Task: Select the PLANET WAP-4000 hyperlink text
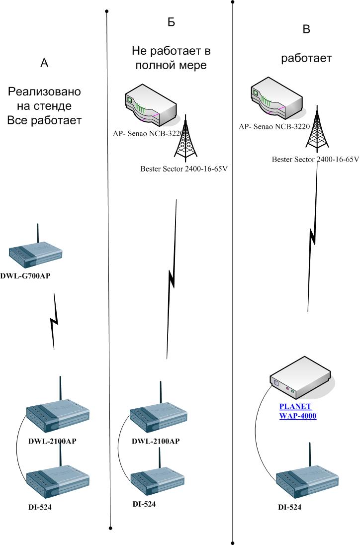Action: pyautogui.click(x=297, y=411)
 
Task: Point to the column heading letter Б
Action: pyautogui.click(x=171, y=22)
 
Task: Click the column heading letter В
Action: pyautogui.click(x=306, y=29)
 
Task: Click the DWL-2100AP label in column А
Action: pyautogui.click(x=53, y=441)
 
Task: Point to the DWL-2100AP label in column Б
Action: pyautogui.click(x=156, y=441)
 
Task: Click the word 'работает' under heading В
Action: pyautogui.click(x=306, y=58)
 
